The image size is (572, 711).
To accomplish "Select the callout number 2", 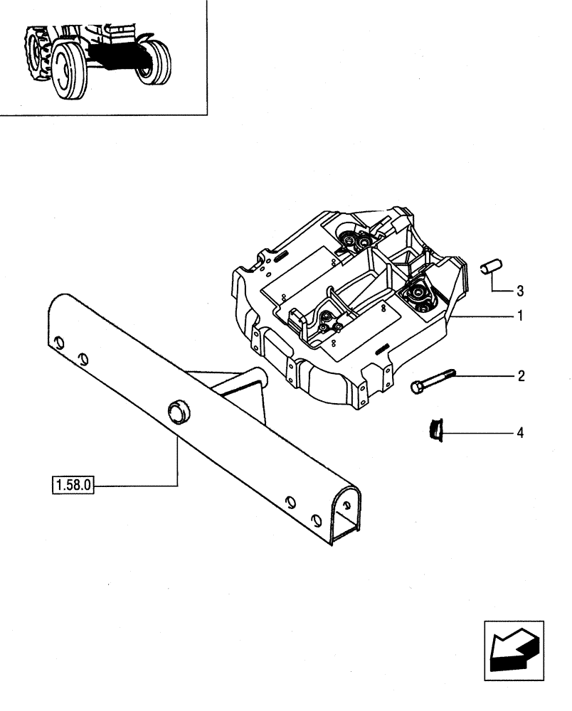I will (520, 376).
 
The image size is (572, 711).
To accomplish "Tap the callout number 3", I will (520, 290).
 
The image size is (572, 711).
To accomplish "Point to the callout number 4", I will (520, 432).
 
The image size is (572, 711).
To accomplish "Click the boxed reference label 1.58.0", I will (73, 486).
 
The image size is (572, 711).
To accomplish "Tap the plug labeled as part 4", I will (433, 429).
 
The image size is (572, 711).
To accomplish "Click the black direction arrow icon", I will (514, 651).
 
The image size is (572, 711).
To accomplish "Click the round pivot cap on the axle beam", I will (176, 410).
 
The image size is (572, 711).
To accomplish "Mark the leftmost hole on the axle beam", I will (60, 343).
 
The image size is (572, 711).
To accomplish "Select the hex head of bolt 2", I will (417, 387).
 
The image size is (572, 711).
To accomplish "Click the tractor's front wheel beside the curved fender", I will (154, 63).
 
